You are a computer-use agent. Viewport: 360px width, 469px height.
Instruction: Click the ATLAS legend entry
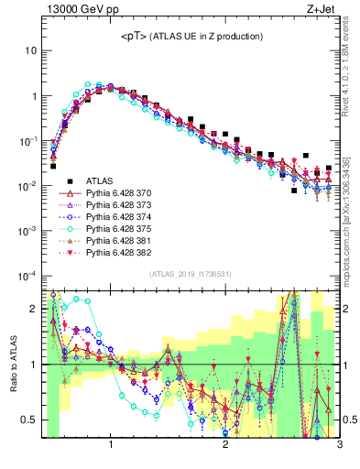coord(100,181)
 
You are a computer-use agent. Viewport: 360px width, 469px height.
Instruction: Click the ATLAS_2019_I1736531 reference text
coord(191,274)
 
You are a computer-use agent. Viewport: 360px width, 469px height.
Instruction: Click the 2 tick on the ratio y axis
coord(34,309)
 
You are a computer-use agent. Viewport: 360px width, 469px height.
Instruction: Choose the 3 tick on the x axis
coord(338,446)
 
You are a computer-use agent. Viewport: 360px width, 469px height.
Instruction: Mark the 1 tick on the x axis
coord(111,446)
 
